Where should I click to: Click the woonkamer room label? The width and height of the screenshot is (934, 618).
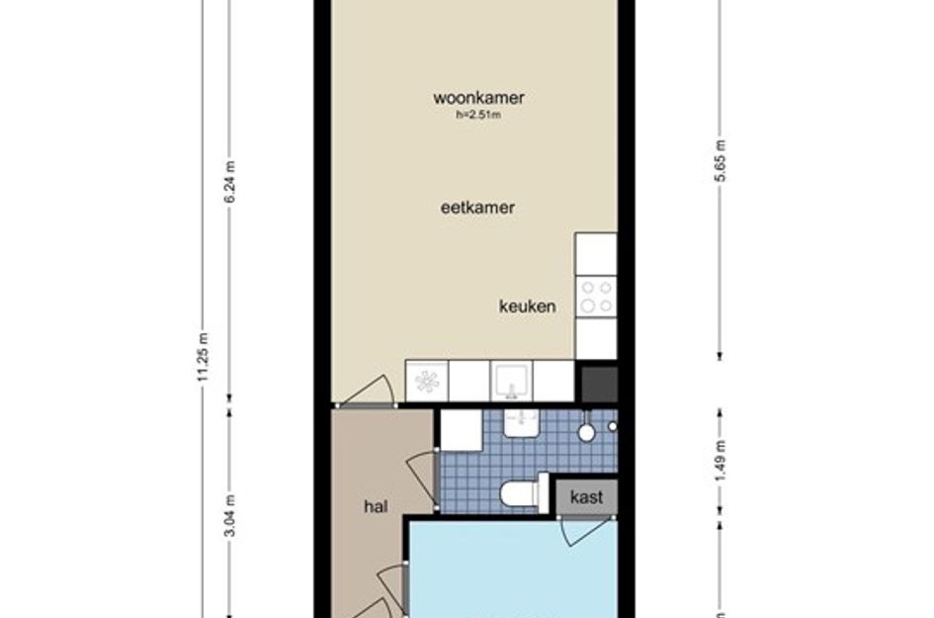click(477, 98)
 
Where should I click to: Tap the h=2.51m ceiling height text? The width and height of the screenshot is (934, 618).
click(477, 115)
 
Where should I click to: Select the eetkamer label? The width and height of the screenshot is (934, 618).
click(477, 208)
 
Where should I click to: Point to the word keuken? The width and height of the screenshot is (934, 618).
click(526, 307)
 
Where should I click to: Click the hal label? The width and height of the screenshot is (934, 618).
click(375, 506)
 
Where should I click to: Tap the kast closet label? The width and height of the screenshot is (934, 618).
click(586, 497)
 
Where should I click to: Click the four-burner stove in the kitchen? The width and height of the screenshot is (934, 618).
click(596, 296)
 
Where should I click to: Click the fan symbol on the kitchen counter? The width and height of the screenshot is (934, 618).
click(427, 381)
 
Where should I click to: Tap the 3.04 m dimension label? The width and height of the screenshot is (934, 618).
click(230, 515)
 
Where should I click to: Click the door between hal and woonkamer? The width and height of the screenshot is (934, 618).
click(368, 392)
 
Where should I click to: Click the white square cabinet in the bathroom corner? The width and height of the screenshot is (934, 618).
click(460, 429)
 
